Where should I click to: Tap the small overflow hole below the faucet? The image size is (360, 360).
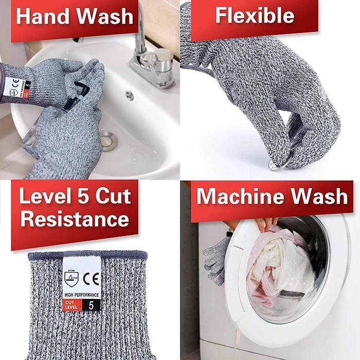(130, 95)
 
